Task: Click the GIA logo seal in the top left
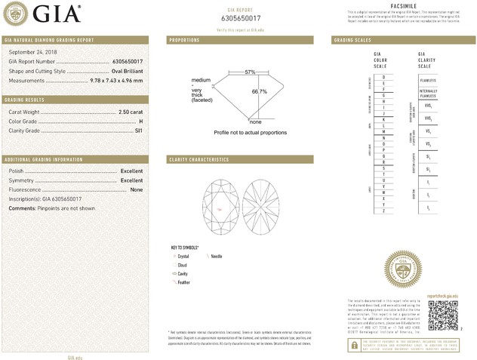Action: (17, 13)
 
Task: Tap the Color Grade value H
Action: (140, 121)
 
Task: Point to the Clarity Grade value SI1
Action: (138, 131)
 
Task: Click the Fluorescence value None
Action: (137, 190)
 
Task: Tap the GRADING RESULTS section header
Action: (26, 100)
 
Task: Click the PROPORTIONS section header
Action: (184, 39)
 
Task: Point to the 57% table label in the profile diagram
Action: (250, 72)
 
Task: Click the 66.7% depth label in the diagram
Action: (259, 92)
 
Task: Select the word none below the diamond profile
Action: (255, 122)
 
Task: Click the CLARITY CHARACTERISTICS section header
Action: (198, 160)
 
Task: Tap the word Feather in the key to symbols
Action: (183, 282)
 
